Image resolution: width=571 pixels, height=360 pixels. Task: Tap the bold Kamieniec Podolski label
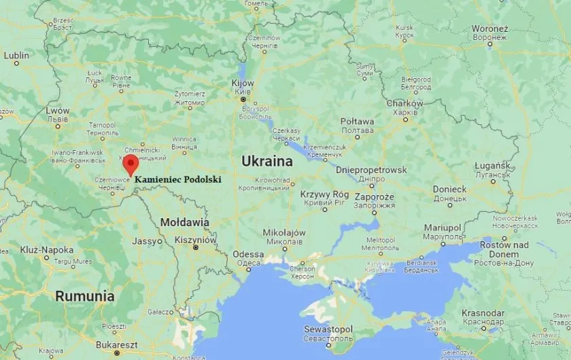click(x=178, y=179)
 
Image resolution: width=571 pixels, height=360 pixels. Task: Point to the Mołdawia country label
click(x=184, y=222)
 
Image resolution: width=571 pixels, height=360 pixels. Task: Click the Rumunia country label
click(x=85, y=296)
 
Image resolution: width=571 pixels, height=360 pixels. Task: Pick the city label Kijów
click(x=243, y=83)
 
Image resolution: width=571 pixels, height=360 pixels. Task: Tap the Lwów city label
click(x=57, y=110)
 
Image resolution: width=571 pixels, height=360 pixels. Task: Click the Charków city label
click(x=404, y=103)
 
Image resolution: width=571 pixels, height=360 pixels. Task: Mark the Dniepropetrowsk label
click(x=372, y=170)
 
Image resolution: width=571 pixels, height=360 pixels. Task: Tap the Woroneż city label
click(x=490, y=29)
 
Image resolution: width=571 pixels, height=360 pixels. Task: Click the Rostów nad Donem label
click(x=504, y=249)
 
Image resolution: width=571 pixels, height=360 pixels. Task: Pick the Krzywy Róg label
click(x=324, y=194)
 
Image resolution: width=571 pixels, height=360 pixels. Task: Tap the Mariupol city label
click(x=443, y=227)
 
